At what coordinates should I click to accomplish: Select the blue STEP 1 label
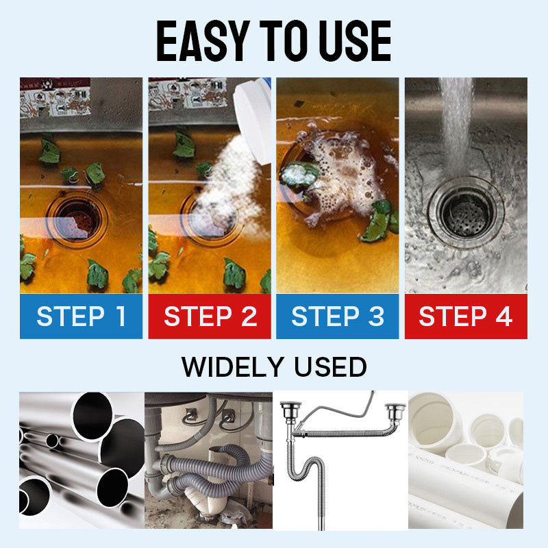(82, 316)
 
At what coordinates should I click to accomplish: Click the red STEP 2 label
(210, 316)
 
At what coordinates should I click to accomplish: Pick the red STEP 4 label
(466, 316)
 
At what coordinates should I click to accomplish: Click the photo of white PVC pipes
(466, 460)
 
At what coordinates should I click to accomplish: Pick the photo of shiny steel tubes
(82, 460)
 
